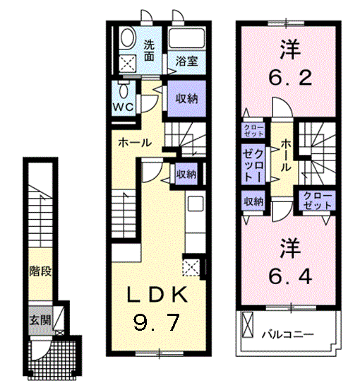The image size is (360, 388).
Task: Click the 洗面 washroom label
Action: pyautogui.click(x=149, y=51)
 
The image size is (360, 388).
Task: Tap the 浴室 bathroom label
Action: pyautogui.click(x=186, y=61)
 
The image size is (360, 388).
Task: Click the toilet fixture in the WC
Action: pyautogui.click(x=124, y=90)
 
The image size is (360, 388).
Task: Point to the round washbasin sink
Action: pyautogui.click(x=128, y=37)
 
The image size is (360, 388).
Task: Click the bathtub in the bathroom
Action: pyautogui.click(x=186, y=40)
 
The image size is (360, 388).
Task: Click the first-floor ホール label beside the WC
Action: pyautogui.click(x=134, y=142)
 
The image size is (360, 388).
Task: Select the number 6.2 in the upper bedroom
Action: pyautogui.click(x=287, y=76)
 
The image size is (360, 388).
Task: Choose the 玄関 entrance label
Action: pyautogui.click(x=39, y=319)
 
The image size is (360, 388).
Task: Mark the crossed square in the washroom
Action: pyautogui.click(x=128, y=63)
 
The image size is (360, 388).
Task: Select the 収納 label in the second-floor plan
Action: pyautogui.click(x=254, y=201)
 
